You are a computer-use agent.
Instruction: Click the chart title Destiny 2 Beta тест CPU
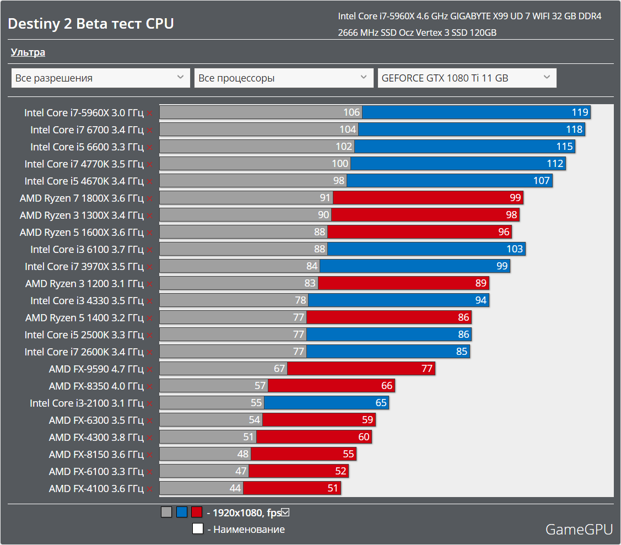[x=91, y=24]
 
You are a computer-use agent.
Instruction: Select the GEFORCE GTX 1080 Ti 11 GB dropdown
[x=467, y=78]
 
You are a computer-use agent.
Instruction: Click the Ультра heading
[x=28, y=52]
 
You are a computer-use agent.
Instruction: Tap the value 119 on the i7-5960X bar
[x=580, y=112]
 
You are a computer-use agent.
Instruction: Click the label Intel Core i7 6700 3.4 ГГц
[x=87, y=129]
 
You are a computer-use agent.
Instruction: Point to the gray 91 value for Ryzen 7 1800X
[x=325, y=198]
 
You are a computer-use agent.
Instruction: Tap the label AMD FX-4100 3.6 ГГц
[x=96, y=488]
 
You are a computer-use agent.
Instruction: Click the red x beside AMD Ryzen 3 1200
[x=149, y=284]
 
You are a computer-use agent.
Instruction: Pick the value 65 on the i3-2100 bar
[x=381, y=403]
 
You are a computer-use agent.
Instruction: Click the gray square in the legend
[x=166, y=512]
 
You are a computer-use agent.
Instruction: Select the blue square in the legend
[x=182, y=512]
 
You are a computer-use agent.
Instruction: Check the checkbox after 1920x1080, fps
[x=285, y=512]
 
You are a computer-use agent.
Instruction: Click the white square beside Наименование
[x=198, y=529]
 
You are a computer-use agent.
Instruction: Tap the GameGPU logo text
[x=579, y=530]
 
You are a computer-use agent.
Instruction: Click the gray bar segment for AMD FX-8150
[x=205, y=454]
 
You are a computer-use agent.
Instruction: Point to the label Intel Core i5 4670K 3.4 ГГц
[x=84, y=181]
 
